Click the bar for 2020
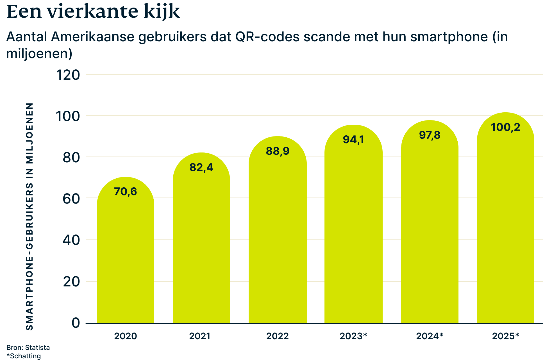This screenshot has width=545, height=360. pos(126,253)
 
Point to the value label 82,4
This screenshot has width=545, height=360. pos(201,167)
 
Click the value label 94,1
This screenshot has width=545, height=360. pos(353,139)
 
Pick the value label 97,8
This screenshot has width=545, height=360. pos(430,135)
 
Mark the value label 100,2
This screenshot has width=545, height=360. pos(505,127)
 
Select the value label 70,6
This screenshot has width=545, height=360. pos(126,192)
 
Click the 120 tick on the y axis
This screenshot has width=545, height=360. pos(68,75)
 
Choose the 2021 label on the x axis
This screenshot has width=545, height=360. pos(199,336)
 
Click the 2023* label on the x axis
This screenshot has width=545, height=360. pos(353,336)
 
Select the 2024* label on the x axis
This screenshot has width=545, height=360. pos(430,336)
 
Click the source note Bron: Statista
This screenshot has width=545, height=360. pos(28,348)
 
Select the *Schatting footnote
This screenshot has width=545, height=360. pos(24,356)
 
